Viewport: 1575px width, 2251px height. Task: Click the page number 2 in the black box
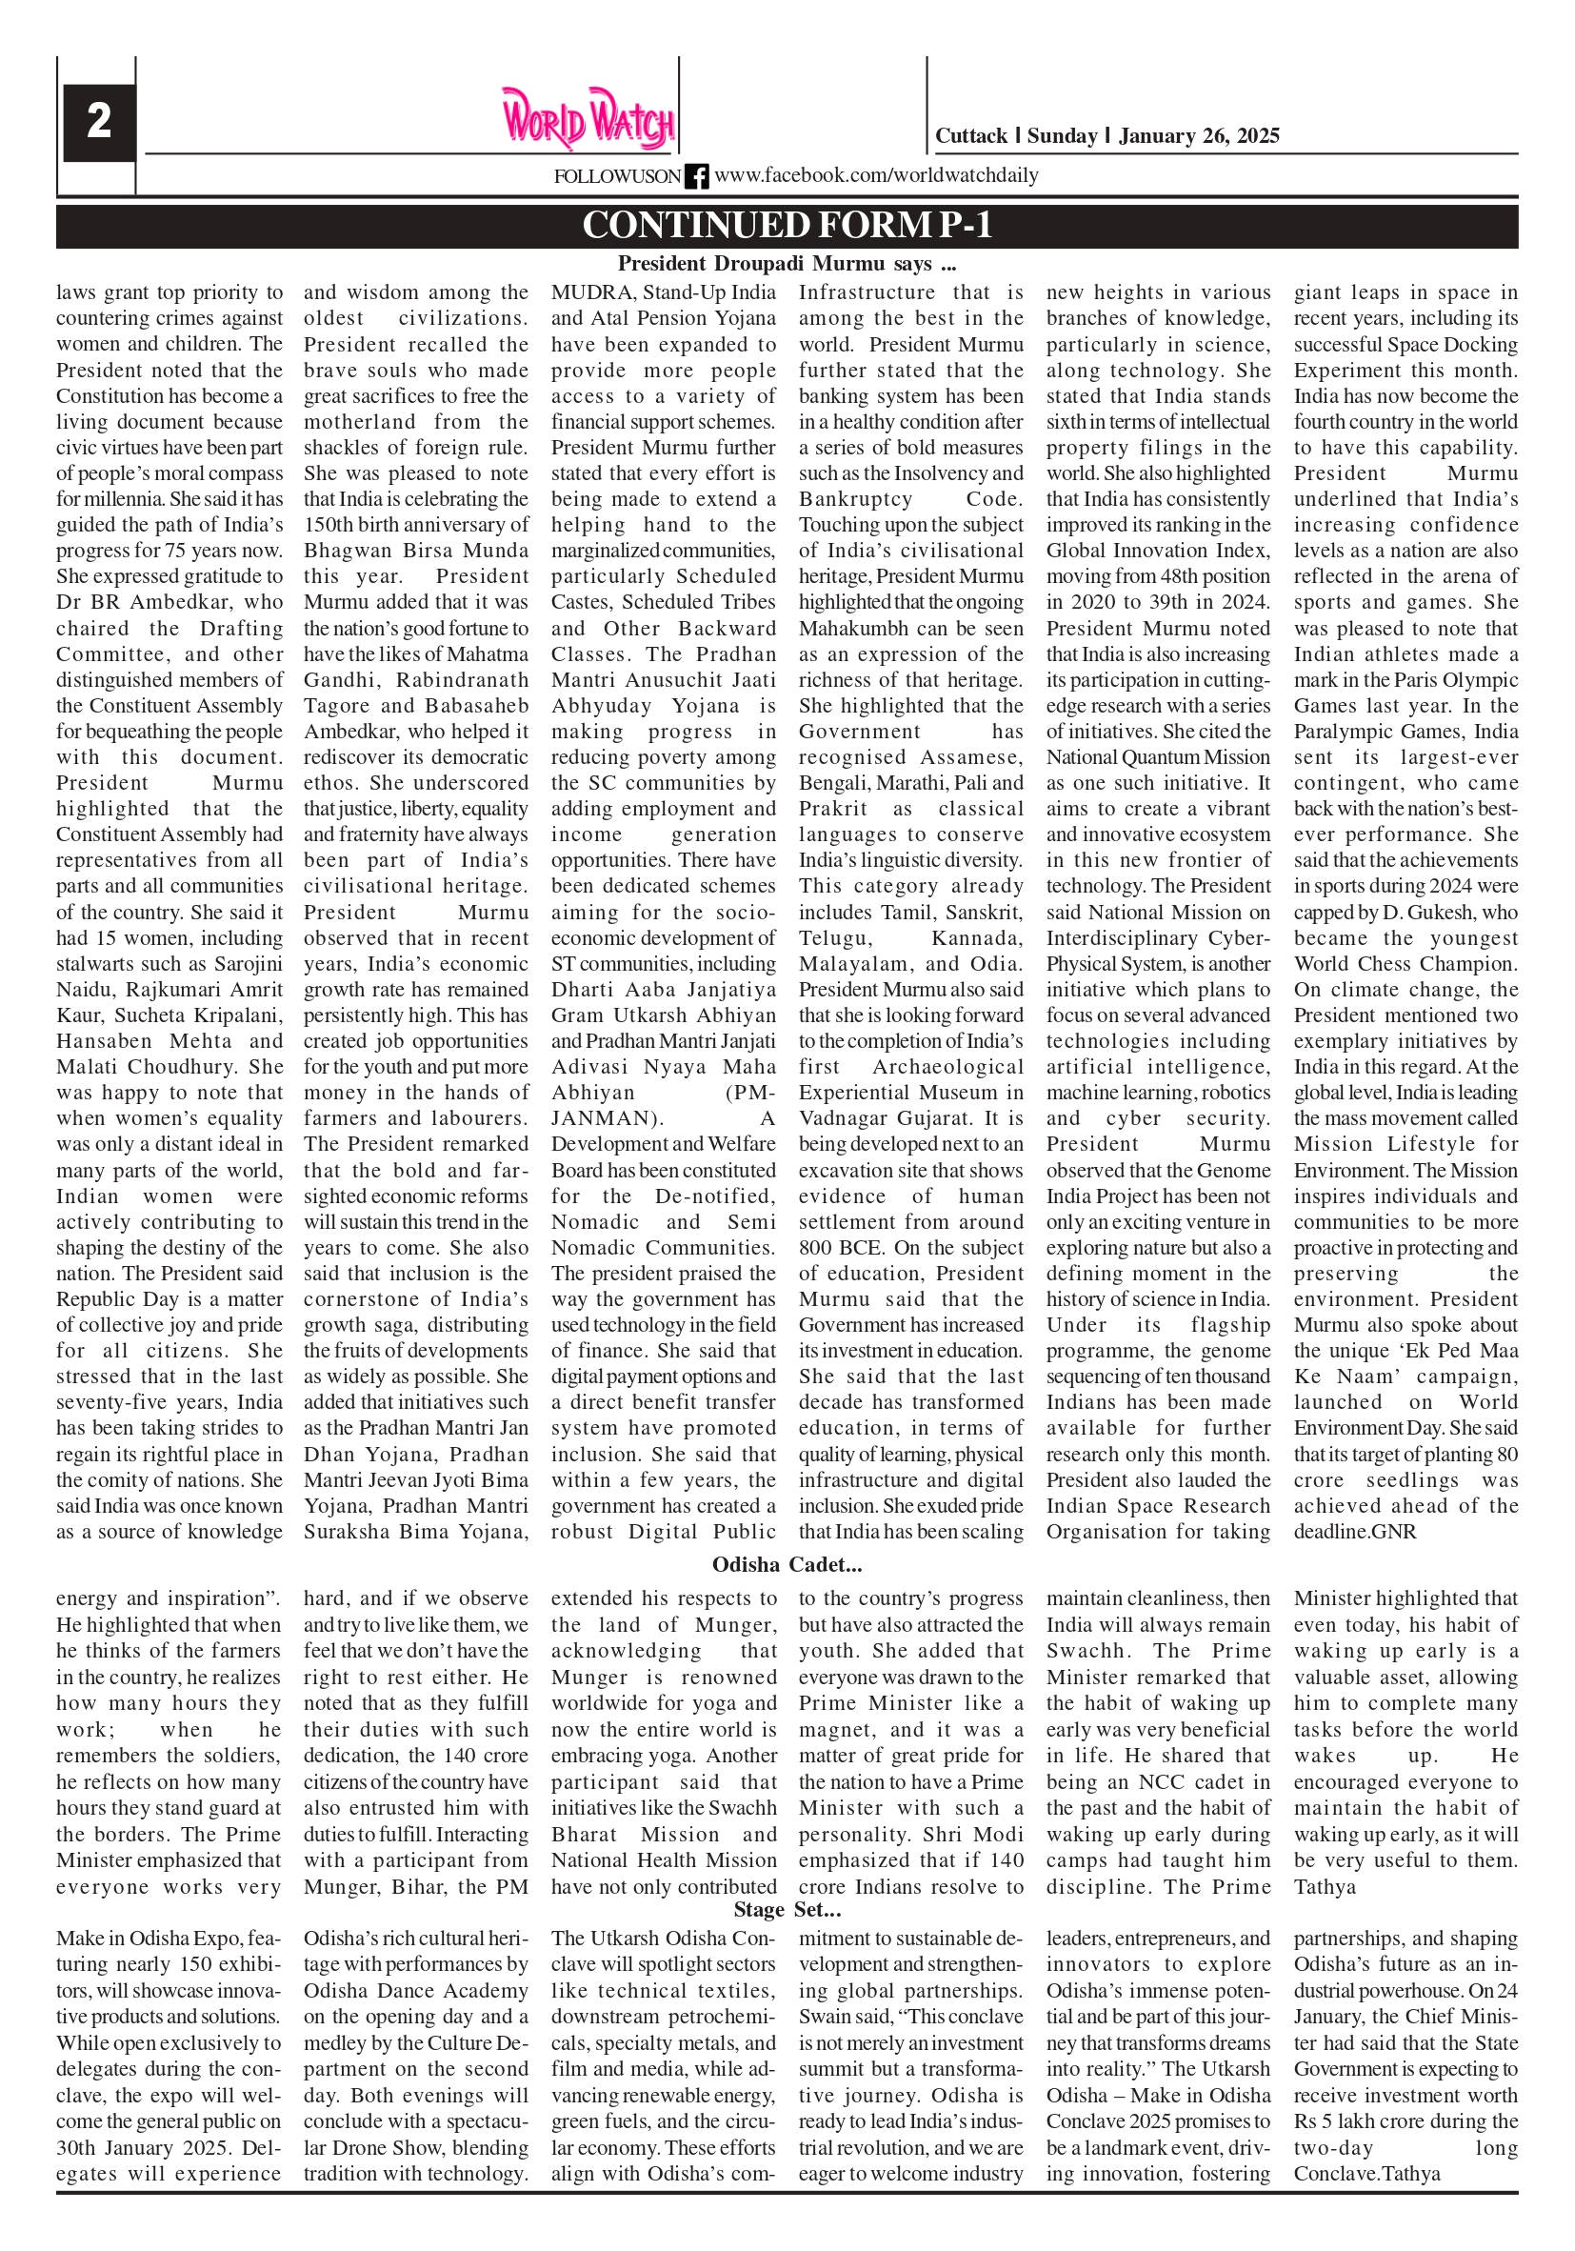coord(99,123)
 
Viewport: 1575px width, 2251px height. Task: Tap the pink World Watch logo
coord(588,118)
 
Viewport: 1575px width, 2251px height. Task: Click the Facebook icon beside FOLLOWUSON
coord(696,176)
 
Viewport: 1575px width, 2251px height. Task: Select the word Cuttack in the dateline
coord(970,136)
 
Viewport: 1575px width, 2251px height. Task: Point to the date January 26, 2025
coord(1199,136)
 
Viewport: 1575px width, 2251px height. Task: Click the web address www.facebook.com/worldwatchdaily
coord(876,175)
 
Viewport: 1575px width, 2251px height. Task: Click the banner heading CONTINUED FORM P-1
coord(787,226)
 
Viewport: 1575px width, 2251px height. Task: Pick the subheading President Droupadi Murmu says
coord(787,264)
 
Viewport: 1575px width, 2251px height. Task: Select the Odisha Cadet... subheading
coord(787,1565)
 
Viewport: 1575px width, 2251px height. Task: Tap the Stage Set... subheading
coord(787,1910)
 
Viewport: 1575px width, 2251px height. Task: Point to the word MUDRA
coord(592,292)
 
